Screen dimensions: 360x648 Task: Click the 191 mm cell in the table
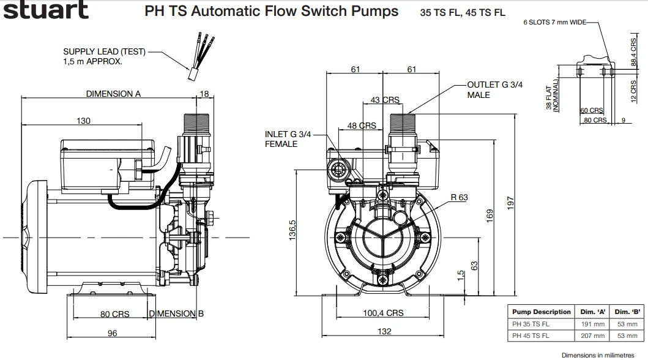point(593,324)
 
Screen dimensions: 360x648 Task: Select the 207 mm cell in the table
point(593,336)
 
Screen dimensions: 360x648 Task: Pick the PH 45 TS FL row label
point(531,336)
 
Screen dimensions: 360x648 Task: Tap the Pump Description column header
point(541,312)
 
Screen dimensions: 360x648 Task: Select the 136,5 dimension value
point(292,230)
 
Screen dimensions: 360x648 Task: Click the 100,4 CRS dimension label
point(383,313)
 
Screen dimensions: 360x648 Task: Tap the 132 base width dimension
point(383,331)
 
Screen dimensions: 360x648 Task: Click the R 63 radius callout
point(459,197)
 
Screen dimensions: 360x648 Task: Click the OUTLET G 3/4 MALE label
point(494,89)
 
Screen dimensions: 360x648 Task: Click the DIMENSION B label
point(176,313)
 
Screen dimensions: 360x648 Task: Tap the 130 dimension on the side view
point(83,121)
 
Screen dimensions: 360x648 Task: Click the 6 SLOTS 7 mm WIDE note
point(554,23)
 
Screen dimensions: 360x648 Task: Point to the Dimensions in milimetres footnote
point(602,354)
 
